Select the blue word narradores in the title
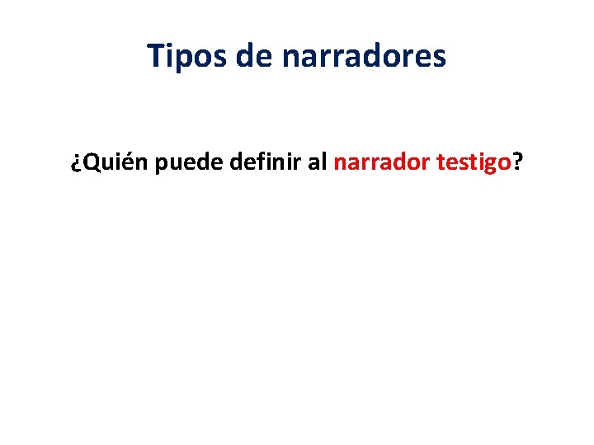coord(364,56)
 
